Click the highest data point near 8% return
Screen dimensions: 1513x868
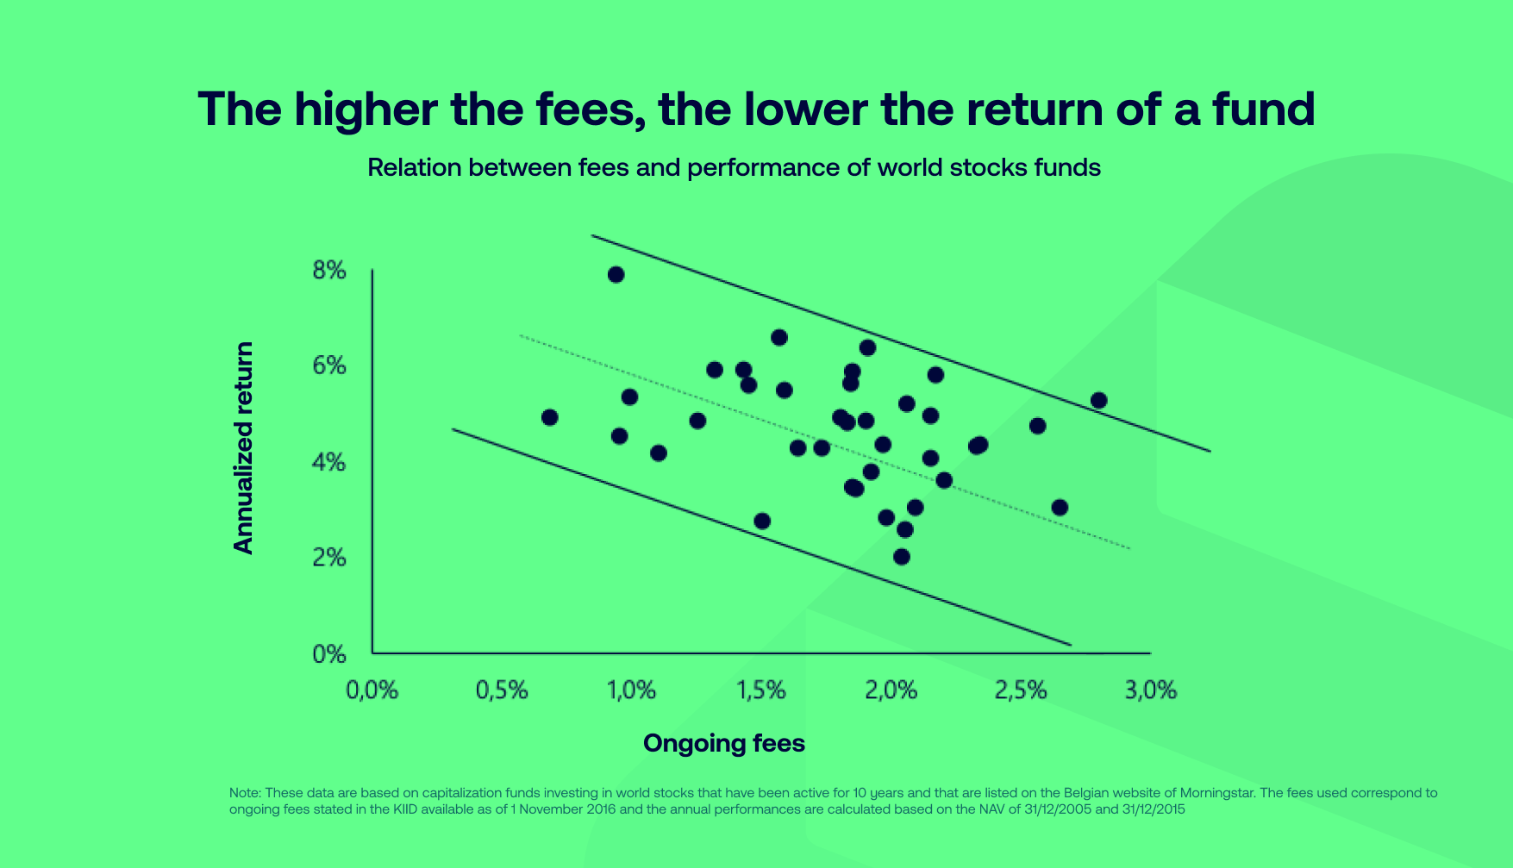pyautogui.click(x=616, y=275)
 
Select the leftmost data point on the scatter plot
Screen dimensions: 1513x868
pyautogui.click(x=549, y=417)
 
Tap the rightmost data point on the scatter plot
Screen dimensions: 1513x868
pyautogui.click(x=1098, y=400)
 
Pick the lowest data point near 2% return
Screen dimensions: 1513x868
pyautogui.click(x=902, y=557)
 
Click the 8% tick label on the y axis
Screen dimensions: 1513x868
pyautogui.click(x=329, y=271)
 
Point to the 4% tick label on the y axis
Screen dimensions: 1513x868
pyautogui.click(x=329, y=463)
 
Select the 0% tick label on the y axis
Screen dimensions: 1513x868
pyautogui.click(x=329, y=654)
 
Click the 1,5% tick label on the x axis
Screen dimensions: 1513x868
pyautogui.click(x=761, y=690)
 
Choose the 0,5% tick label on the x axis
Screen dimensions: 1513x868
pyautogui.click(x=502, y=690)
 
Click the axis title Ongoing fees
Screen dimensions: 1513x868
pyautogui.click(x=724, y=744)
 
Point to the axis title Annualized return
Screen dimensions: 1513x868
pyautogui.click(x=244, y=448)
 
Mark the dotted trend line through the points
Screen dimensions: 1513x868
pyautogui.click(x=824, y=441)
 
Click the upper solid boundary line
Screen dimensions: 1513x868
pyautogui.click(x=901, y=343)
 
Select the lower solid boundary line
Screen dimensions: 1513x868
pyautogui.click(x=762, y=537)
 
